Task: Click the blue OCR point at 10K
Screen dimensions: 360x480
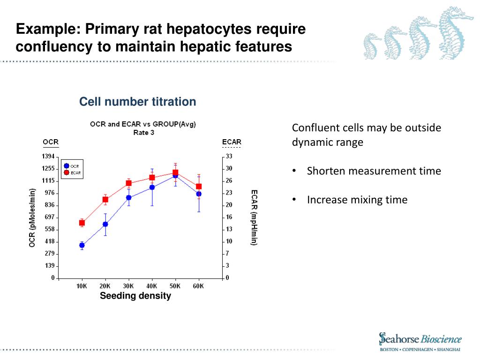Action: point(82,245)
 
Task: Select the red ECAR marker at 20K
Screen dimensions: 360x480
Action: point(105,200)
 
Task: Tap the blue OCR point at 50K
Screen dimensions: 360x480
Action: point(175,175)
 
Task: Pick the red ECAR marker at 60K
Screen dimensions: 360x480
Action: point(199,187)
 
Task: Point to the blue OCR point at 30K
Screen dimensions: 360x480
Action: point(128,197)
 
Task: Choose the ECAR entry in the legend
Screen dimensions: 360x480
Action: point(72,172)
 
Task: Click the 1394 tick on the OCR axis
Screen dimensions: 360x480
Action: point(49,156)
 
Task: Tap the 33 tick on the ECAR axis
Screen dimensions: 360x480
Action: point(229,156)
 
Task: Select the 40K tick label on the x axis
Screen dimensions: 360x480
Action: point(151,286)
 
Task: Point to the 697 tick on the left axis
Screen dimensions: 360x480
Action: point(49,217)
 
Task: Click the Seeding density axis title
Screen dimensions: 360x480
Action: point(135,296)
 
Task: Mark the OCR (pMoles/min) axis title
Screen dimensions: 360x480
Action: point(32,217)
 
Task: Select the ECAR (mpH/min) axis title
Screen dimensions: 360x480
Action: point(254,217)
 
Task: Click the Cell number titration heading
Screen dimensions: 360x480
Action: point(137,102)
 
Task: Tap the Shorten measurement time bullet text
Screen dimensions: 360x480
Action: point(374,171)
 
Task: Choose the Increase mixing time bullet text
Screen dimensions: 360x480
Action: point(357,200)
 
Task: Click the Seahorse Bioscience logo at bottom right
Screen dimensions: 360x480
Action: point(420,341)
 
